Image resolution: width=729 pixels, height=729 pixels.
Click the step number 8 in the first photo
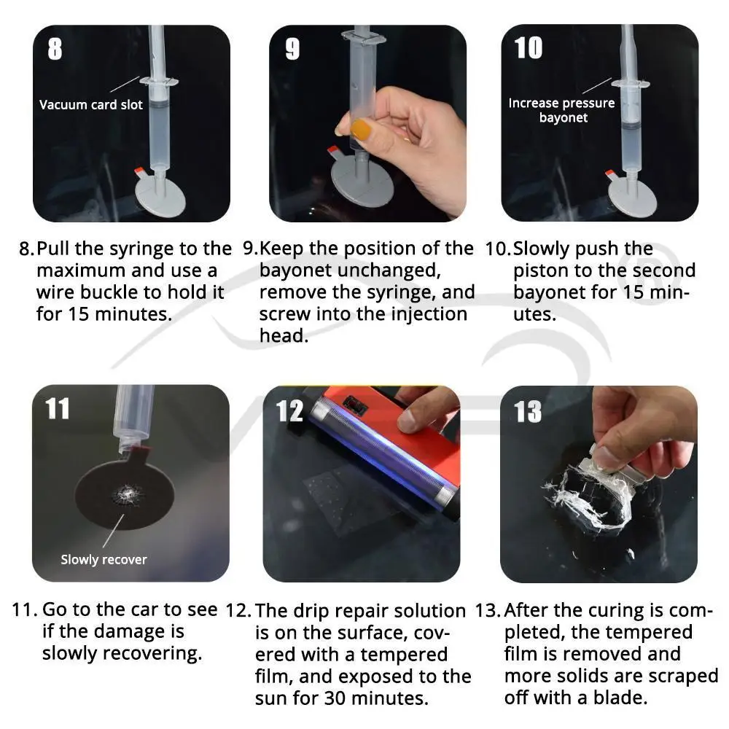(55, 49)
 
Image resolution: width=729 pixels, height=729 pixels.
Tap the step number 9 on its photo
(292, 49)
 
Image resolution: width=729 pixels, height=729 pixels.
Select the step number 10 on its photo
(529, 47)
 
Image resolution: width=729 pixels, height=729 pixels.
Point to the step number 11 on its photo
(57, 409)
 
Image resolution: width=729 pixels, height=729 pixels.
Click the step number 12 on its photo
(289, 411)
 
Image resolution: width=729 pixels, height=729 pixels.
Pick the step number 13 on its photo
(528, 411)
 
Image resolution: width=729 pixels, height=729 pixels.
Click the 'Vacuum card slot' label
(90, 104)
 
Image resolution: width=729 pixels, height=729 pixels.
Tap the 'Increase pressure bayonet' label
(561, 110)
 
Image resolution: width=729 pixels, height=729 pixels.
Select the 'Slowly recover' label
(104, 559)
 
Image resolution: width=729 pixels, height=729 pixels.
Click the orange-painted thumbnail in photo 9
(361, 129)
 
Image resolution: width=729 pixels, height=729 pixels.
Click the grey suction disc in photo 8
(160, 196)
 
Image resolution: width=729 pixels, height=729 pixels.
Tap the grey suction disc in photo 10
(632, 197)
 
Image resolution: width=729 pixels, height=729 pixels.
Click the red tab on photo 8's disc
(139, 171)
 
